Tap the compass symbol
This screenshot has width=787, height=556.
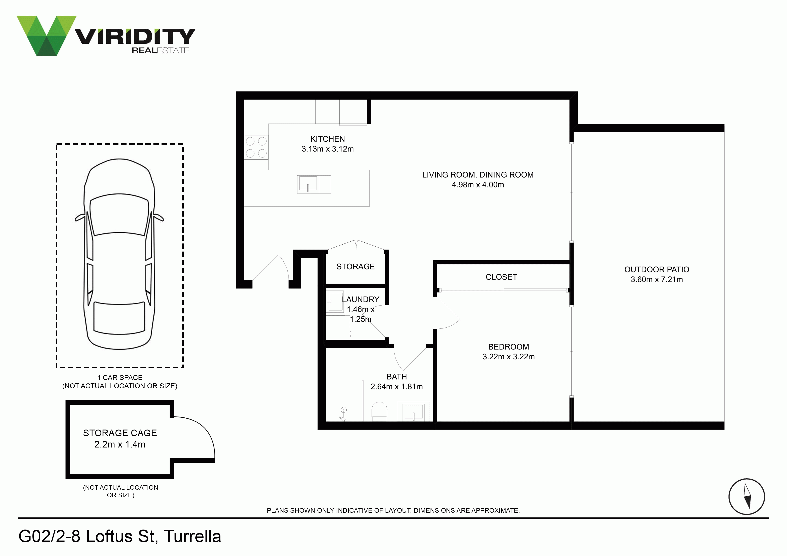(747, 496)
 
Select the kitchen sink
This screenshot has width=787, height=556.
(314, 184)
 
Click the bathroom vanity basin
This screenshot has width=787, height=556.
(413, 411)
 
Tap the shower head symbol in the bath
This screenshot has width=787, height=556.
(343, 413)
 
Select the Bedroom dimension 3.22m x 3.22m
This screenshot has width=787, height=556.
(509, 357)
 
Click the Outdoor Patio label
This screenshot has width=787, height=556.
(657, 270)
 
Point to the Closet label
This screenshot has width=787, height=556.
(501, 277)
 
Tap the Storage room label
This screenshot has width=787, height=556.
(355, 267)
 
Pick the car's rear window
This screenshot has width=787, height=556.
(119, 317)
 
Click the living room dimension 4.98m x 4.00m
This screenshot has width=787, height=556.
(478, 185)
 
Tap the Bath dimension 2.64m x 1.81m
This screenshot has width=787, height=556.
(397, 387)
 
